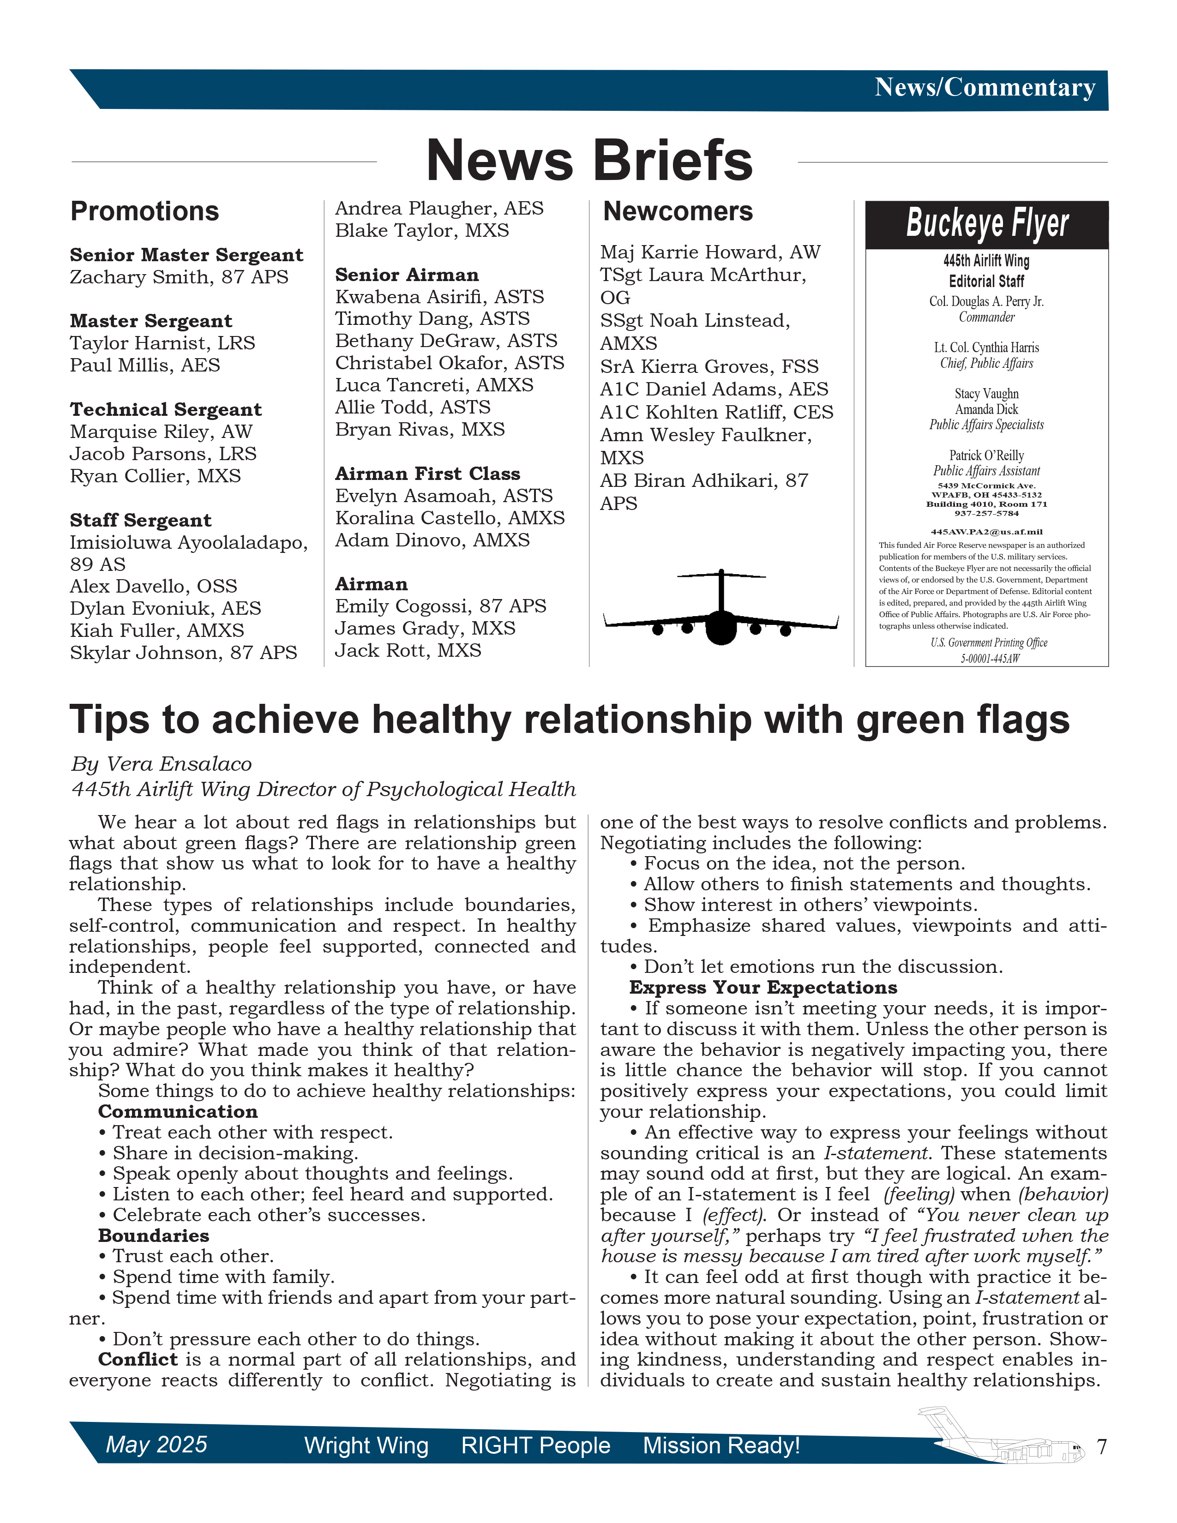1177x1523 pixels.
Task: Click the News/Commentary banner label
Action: point(985,88)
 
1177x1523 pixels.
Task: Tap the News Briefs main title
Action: point(589,161)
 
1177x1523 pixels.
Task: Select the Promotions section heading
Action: point(144,211)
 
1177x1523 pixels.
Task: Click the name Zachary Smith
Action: point(130,277)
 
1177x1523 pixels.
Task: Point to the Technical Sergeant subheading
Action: point(165,409)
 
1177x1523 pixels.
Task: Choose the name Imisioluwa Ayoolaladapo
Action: point(188,543)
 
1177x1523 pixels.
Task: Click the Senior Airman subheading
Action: point(407,275)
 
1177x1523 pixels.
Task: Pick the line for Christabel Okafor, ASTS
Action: point(449,363)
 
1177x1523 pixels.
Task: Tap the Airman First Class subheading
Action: point(427,474)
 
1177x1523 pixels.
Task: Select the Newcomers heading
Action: point(678,211)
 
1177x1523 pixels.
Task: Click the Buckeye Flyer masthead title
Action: point(987,224)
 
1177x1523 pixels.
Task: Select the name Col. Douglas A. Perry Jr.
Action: point(986,301)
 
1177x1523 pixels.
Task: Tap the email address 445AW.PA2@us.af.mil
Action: point(986,531)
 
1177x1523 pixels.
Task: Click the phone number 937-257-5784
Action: point(986,513)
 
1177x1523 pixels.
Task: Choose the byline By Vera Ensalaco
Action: point(161,764)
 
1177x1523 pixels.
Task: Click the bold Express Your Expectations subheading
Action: point(763,988)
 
